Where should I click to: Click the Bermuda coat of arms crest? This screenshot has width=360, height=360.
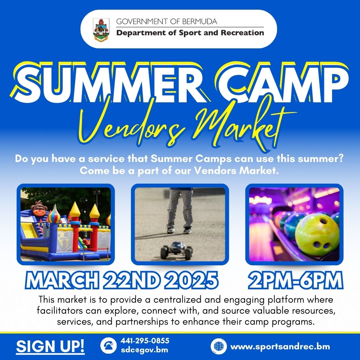101,29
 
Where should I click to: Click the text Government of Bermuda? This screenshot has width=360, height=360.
166,22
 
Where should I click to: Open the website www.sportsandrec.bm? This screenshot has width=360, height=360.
280,346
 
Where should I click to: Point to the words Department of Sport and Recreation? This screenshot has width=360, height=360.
190,33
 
